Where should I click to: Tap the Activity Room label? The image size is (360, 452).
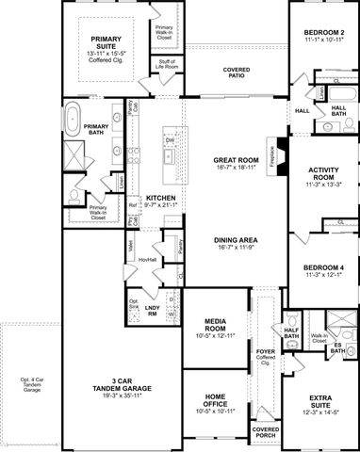322,176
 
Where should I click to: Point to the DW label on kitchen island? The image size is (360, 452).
170,140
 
